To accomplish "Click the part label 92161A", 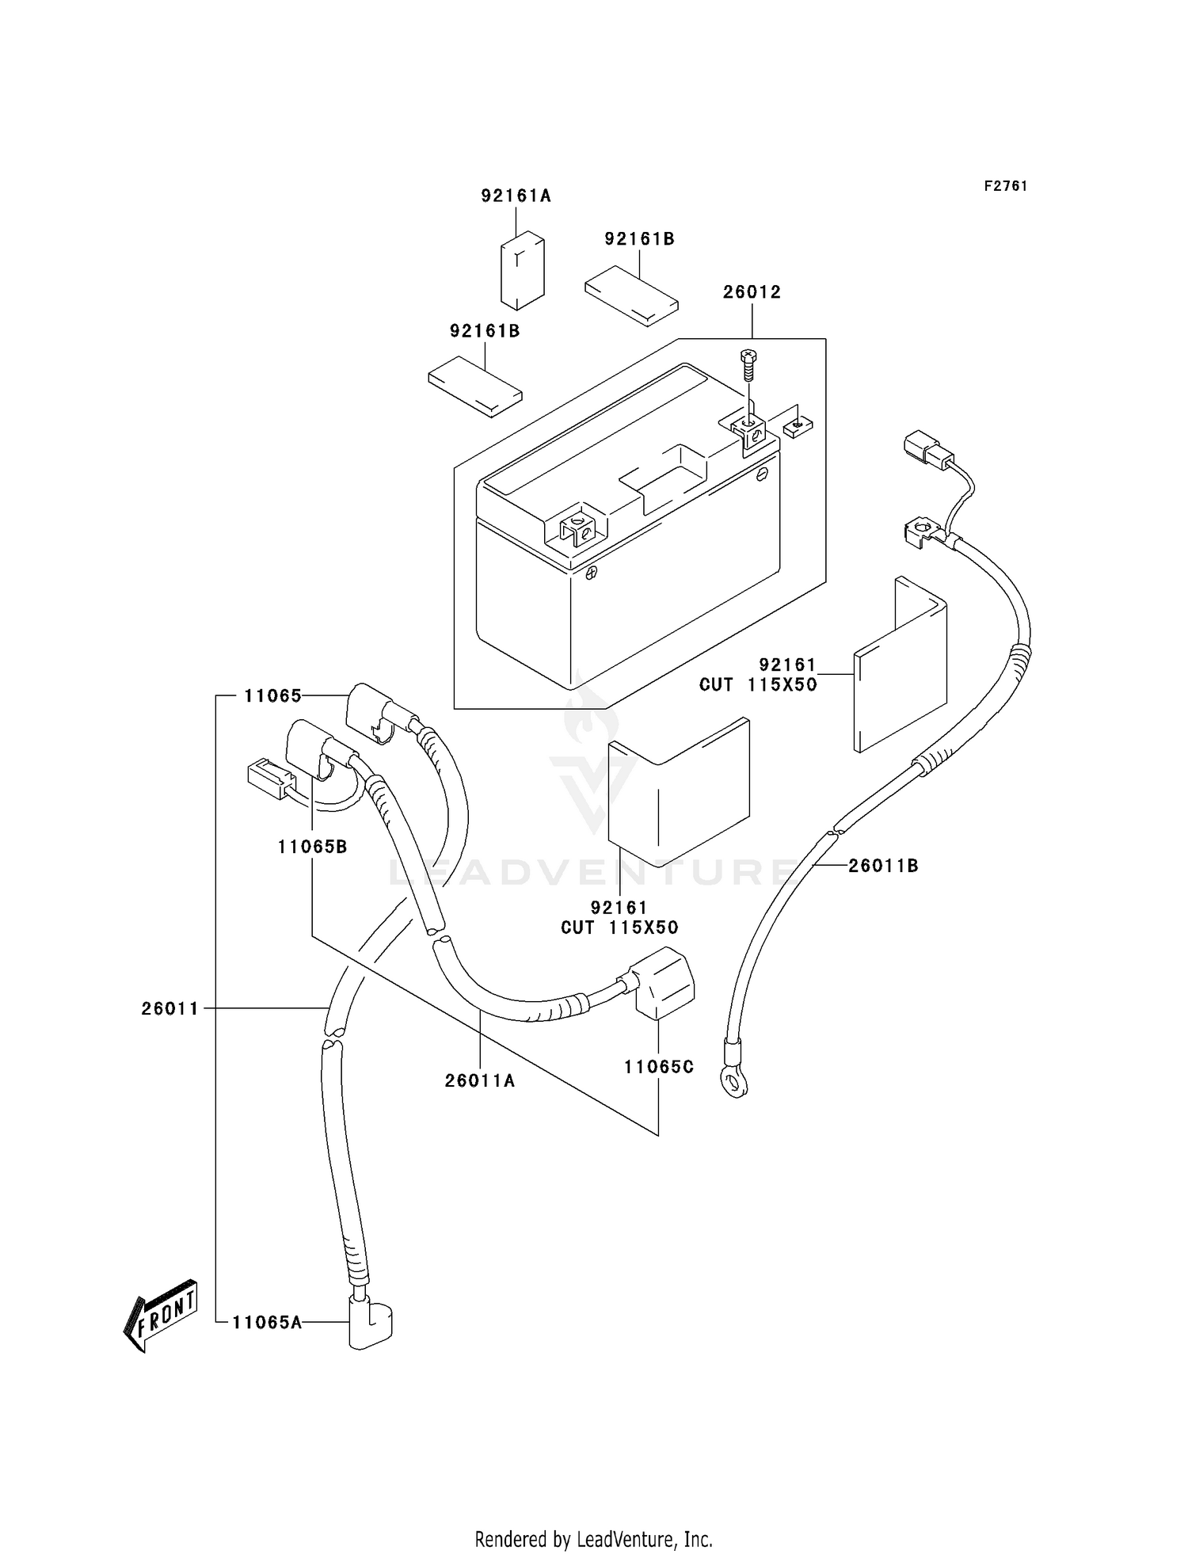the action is tap(516, 196).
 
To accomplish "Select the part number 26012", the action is tap(752, 292).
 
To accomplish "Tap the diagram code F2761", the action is tap(1006, 186).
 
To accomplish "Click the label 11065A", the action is tap(267, 1322).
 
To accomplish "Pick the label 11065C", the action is tap(659, 1067).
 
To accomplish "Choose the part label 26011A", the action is tap(480, 1080).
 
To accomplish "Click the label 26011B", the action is tap(883, 867).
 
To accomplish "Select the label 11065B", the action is tap(312, 847).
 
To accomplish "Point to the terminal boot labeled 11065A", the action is tap(370, 1322).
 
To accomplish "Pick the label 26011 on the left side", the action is tap(170, 1009).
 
